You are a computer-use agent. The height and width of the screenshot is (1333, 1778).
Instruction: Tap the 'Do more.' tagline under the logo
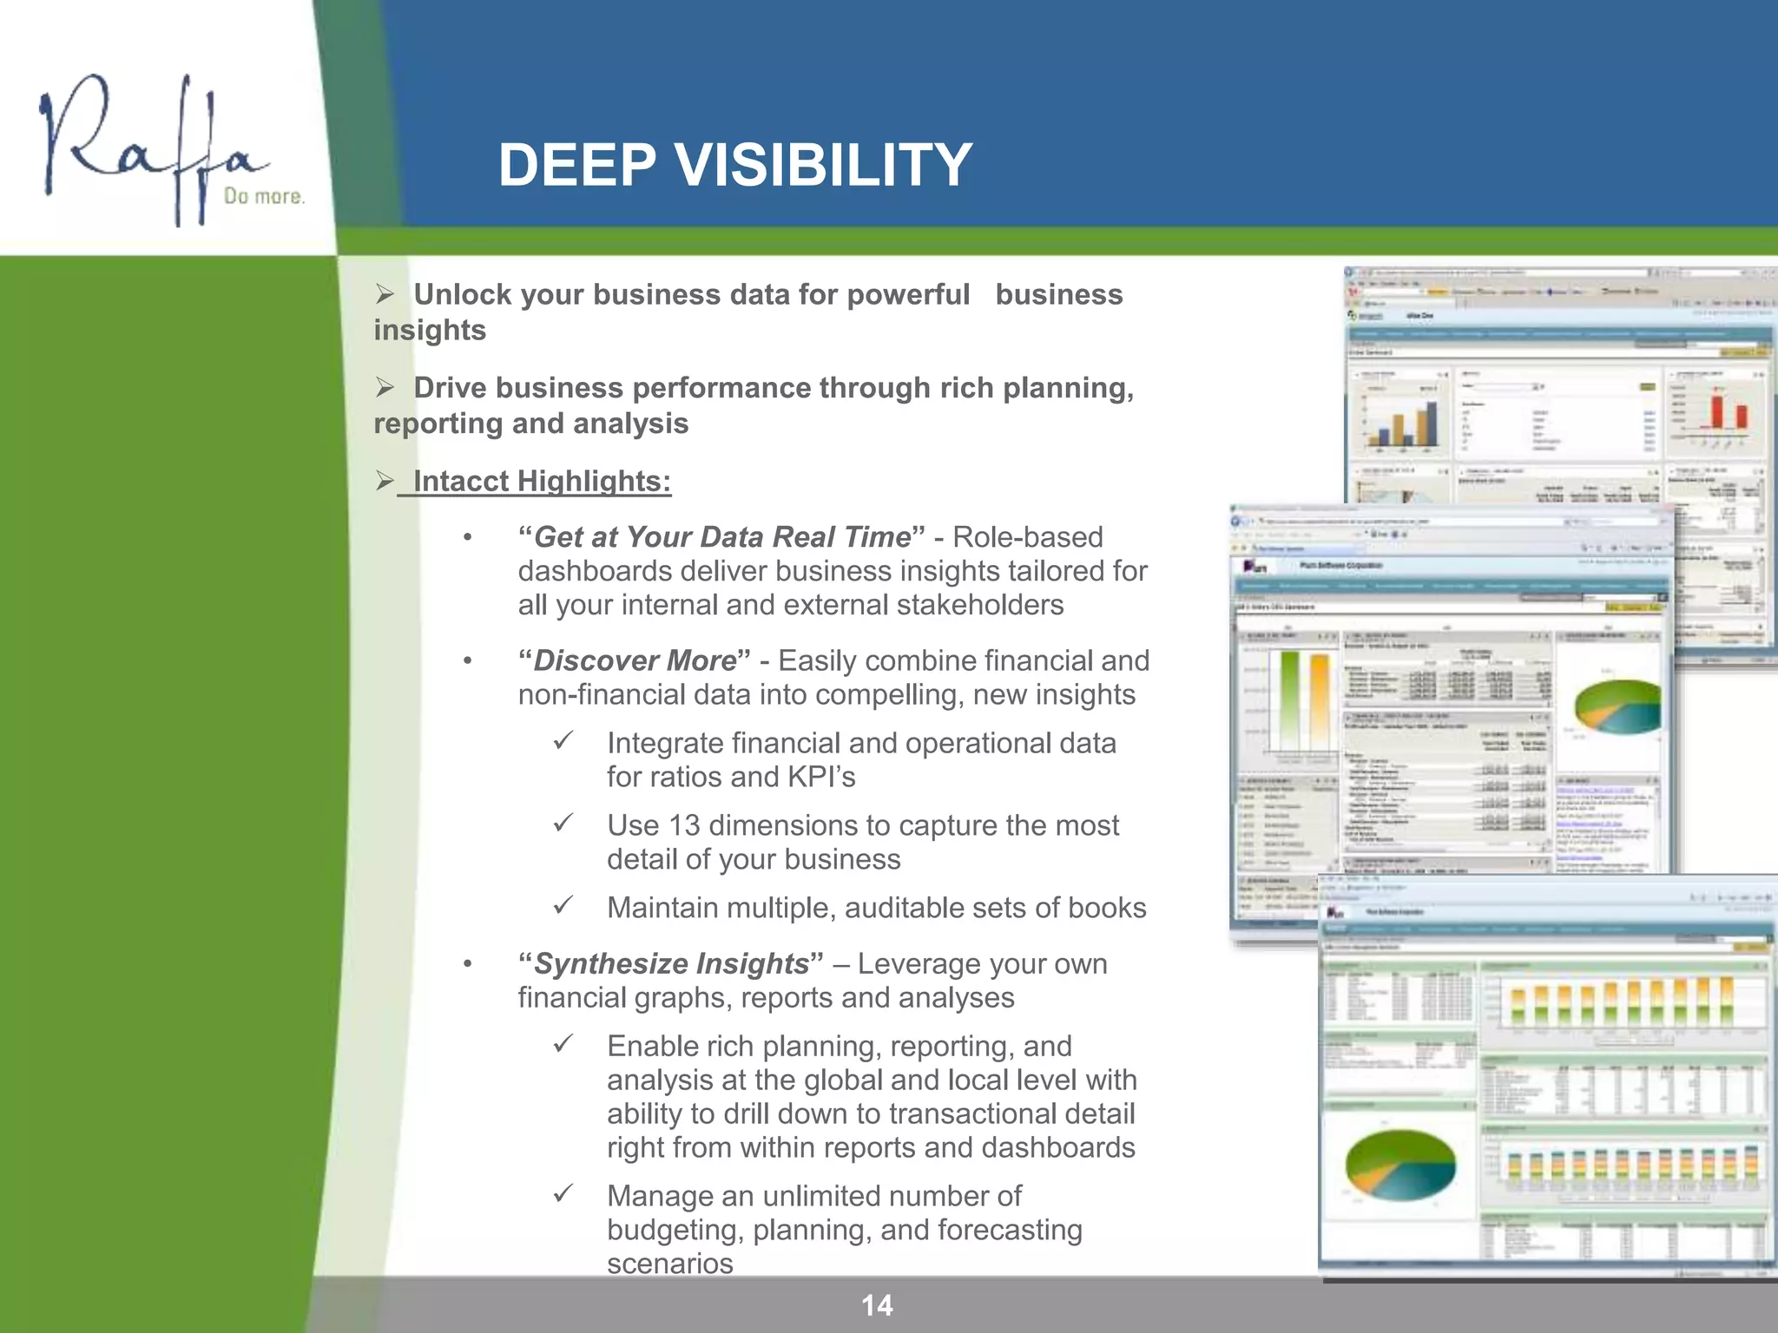(264, 196)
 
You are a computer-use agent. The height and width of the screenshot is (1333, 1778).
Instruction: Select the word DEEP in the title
(576, 165)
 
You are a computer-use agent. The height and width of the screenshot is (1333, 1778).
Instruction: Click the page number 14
(877, 1305)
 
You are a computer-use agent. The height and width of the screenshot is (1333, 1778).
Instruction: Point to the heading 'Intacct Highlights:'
(542, 481)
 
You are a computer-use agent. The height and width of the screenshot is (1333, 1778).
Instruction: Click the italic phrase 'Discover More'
(635, 660)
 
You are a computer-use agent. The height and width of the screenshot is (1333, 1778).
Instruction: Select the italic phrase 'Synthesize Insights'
(671, 963)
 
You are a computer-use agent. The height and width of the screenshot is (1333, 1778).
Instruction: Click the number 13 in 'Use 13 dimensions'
(684, 825)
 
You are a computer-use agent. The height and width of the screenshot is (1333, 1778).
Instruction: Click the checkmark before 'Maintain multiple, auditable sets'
(563, 905)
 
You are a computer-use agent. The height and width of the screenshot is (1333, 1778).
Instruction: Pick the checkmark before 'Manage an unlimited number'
(563, 1193)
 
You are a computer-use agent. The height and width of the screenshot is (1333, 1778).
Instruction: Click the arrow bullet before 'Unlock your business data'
(385, 294)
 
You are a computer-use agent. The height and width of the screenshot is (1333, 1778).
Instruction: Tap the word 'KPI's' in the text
(820, 777)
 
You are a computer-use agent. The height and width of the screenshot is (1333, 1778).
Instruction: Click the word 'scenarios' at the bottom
(670, 1264)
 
